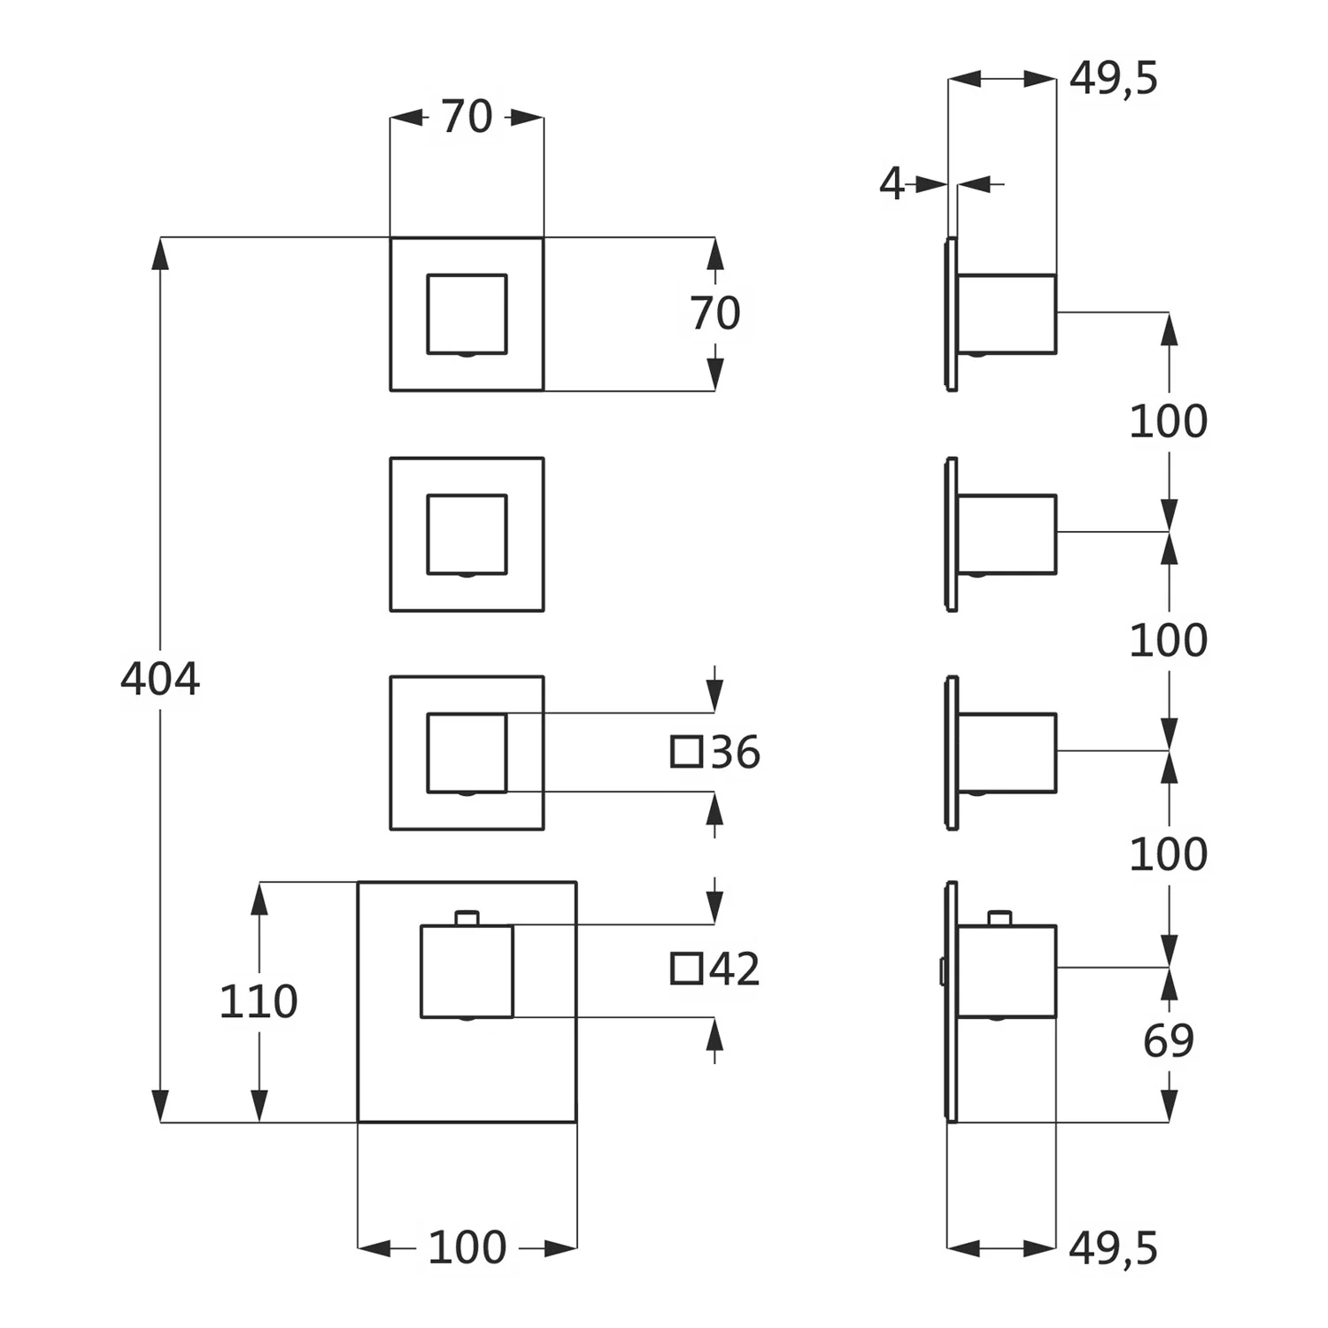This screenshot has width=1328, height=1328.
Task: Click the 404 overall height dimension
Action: [160, 679]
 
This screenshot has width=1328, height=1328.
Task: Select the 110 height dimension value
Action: [259, 1001]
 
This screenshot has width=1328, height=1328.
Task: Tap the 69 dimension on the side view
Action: [1169, 1040]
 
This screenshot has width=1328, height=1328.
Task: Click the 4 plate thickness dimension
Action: [892, 184]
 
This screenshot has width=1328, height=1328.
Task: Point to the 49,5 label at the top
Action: [1114, 79]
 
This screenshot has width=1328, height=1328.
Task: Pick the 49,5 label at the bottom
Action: [1114, 1248]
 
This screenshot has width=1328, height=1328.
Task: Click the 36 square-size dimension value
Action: [735, 753]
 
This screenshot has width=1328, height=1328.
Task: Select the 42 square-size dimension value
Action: [735, 969]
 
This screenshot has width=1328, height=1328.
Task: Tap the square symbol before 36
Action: [686, 752]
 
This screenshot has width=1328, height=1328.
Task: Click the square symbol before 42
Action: [686, 969]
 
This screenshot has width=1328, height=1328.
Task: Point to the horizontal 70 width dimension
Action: [467, 117]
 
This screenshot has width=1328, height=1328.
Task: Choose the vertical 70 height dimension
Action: [715, 313]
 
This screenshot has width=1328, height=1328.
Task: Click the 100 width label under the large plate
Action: [467, 1247]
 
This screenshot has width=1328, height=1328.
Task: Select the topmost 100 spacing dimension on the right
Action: [1169, 421]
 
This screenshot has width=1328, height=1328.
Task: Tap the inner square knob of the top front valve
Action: [467, 314]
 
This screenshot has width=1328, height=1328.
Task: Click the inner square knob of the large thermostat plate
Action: [467, 971]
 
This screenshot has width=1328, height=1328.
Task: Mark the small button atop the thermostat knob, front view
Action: [467, 918]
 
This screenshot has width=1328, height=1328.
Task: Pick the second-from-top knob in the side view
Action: [1008, 534]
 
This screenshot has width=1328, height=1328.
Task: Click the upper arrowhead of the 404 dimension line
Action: [160, 253]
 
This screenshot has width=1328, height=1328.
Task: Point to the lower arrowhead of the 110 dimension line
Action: [259, 1106]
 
